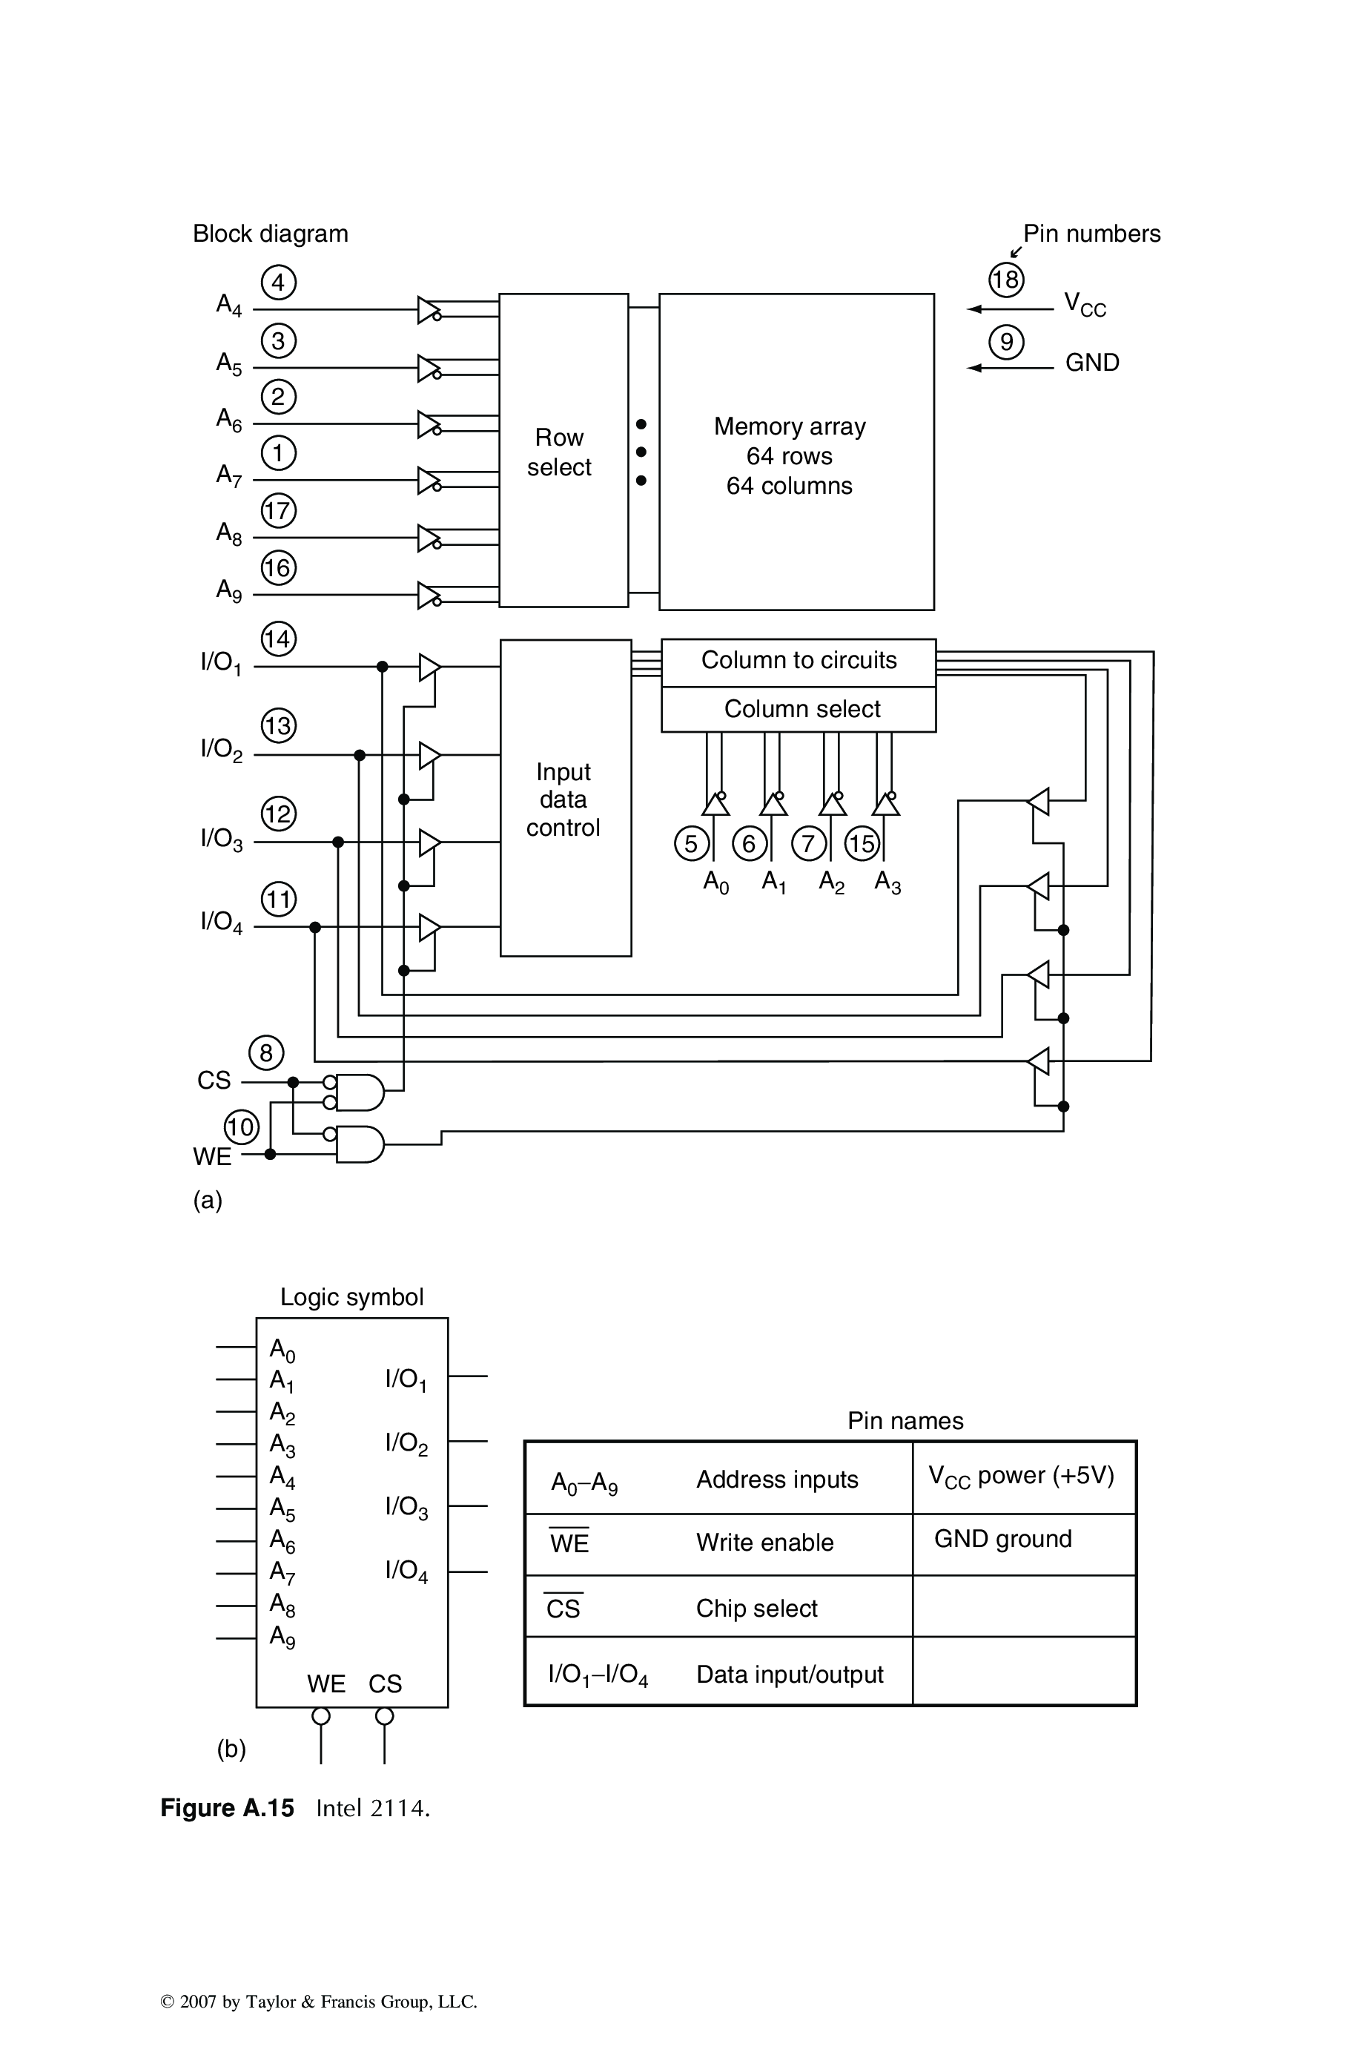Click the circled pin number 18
1006,280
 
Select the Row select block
563,451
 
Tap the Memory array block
796,452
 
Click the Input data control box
566,798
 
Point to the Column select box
799,710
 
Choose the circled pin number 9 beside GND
1006,341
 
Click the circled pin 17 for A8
278,510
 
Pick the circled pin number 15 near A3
862,843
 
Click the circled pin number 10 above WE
241,1127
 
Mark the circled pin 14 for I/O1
278,639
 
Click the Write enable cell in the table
764,1543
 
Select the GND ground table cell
1003,1540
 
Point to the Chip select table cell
756,1609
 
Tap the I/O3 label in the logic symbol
406,1507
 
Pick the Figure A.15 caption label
227,1809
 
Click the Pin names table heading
905,1421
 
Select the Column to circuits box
799,661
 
